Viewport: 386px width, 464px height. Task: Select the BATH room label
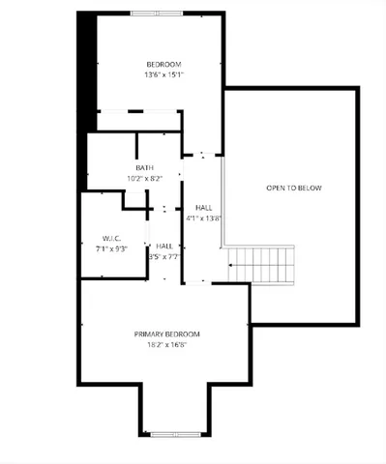pyautogui.click(x=144, y=167)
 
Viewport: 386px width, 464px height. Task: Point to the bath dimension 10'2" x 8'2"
pyautogui.click(x=144, y=178)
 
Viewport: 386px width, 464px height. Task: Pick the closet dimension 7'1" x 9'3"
pyautogui.click(x=112, y=248)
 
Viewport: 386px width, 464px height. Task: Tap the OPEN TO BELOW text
pyautogui.click(x=293, y=188)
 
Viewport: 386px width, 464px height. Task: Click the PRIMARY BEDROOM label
pyautogui.click(x=166, y=333)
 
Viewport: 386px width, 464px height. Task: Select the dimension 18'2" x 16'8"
pyautogui.click(x=166, y=344)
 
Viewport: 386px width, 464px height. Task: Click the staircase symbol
pyautogui.click(x=260, y=262)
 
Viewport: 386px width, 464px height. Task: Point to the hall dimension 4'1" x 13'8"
pyautogui.click(x=205, y=218)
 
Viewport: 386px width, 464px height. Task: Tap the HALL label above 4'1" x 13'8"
pyautogui.click(x=203, y=208)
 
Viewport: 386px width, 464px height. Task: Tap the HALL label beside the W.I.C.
pyautogui.click(x=163, y=246)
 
